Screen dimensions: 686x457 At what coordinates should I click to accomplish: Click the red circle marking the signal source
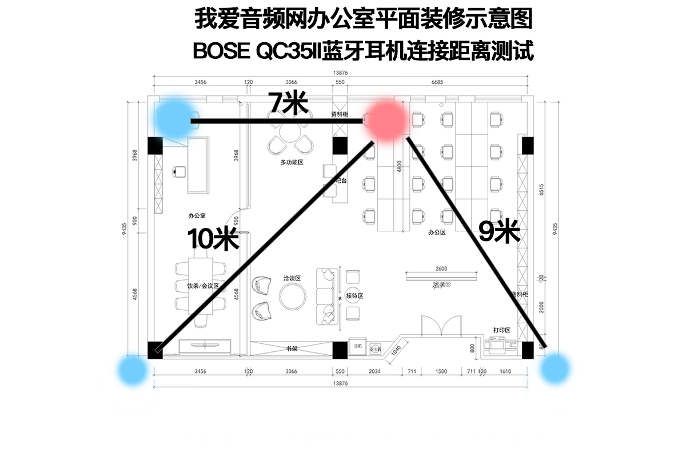coord(387,119)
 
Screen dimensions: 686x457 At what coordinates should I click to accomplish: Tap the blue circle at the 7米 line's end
coord(176,115)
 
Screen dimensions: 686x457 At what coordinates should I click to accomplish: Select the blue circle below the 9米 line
coord(555,368)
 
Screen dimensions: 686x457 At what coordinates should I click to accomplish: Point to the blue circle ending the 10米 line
coord(133,371)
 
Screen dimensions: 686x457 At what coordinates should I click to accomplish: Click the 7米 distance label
coord(288,103)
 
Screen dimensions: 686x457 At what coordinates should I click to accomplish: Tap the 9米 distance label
coord(498,231)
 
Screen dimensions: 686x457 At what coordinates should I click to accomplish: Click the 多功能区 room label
coord(291,163)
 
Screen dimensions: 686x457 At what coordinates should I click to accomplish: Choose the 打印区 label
coord(501,330)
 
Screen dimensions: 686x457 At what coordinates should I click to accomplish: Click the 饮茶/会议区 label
coord(203,284)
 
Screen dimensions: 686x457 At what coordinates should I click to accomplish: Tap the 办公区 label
coord(436,233)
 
